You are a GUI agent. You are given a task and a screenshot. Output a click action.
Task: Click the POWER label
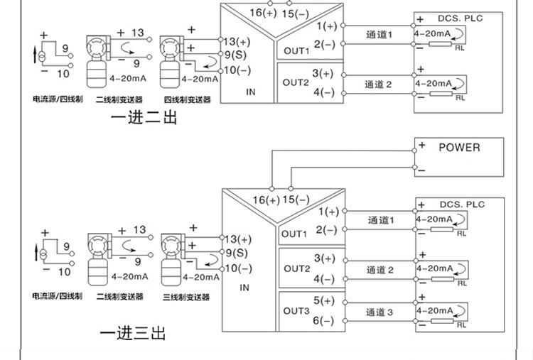tap(459, 148)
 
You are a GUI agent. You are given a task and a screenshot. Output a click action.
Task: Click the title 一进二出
tap(144, 117)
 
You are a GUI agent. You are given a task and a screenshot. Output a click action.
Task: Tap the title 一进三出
tap(133, 333)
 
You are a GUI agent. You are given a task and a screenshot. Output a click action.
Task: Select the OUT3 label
tap(296, 311)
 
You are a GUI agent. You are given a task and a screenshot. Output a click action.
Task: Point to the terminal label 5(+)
tap(324, 300)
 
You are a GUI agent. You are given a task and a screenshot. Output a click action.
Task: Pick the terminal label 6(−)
tap(323, 320)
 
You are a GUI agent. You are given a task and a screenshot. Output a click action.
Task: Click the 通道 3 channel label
tap(379, 312)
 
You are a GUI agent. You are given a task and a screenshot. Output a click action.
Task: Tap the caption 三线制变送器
tap(186, 298)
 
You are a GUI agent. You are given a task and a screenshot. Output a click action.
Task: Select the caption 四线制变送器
tap(188, 99)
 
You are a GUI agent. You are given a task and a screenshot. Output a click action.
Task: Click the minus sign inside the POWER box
tap(422, 170)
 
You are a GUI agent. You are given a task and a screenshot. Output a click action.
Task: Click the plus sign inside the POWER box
tap(422, 145)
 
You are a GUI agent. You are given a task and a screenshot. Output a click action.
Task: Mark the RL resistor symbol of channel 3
tap(442, 321)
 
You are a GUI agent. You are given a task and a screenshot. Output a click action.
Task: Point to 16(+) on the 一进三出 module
tap(266, 200)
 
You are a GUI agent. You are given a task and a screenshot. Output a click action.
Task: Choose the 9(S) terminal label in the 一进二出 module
tap(235, 55)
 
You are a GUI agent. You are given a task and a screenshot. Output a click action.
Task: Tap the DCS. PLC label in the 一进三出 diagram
tap(462, 204)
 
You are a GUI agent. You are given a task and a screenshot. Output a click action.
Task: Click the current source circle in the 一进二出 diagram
tap(42, 56)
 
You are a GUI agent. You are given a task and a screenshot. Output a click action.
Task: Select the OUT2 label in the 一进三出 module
tap(297, 268)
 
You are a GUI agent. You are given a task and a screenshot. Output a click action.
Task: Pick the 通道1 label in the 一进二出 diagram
tap(379, 35)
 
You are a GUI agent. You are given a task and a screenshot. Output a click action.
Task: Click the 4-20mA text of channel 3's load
tap(435, 310)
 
